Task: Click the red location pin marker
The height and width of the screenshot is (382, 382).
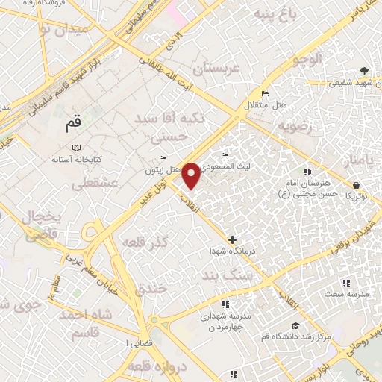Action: [192, 175]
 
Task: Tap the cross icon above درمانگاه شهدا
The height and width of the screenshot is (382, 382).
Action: [233, 240]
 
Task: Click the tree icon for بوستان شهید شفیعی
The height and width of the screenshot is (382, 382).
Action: [363, 71]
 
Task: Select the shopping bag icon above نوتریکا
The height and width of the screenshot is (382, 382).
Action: [357, 184]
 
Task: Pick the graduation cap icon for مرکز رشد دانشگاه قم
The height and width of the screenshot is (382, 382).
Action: [296, 325]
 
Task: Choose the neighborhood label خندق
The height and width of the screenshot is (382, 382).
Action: [152, 289]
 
